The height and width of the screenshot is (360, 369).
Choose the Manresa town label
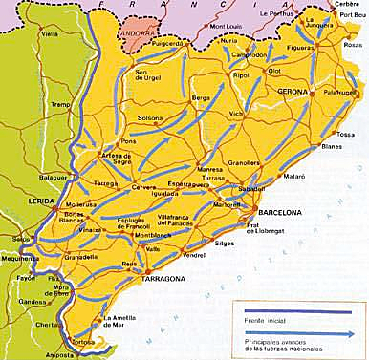click(x=209, y=168)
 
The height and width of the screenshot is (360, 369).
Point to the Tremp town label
click(x=34, y=105)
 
